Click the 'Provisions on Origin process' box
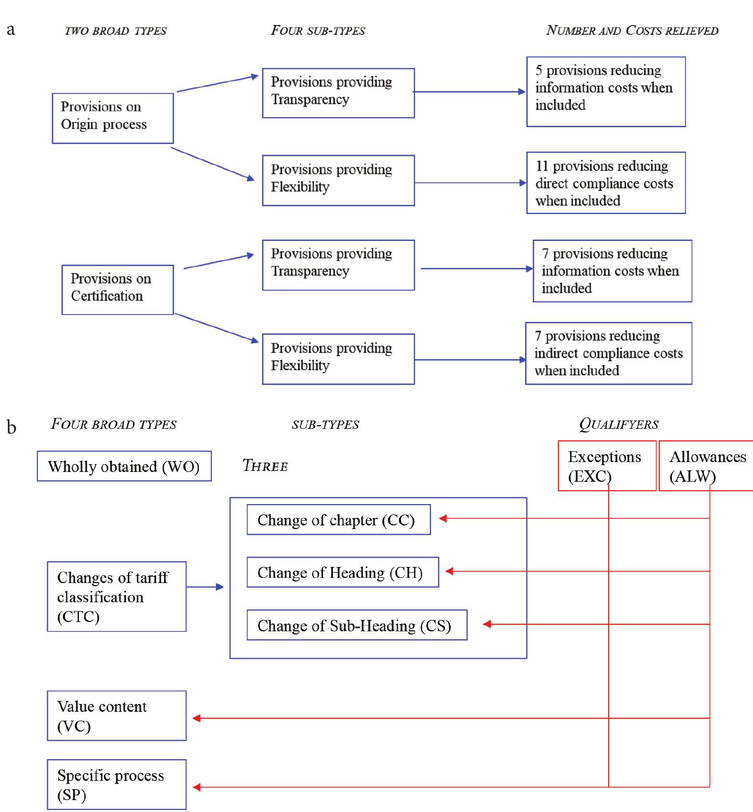pos(113,118)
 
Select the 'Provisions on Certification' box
pos(117,290)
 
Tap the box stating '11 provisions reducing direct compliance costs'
pos(606,183)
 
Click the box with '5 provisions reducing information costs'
pos(606,91)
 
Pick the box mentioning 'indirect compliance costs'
pos(608,353)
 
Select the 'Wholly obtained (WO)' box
pos(124,466)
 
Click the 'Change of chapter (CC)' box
pos(338,520)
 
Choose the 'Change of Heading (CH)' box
pos(342,572)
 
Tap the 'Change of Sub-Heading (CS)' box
pos(357,625)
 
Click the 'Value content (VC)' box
pos(116,715)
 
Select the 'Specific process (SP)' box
pos(116,784)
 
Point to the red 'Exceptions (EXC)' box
pos(607,466)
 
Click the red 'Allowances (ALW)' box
pos(706,466)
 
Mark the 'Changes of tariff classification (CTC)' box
pos(116,597)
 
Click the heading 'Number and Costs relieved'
pos(632,31)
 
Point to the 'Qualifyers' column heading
pos(618,424)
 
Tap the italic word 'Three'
pos(265,466)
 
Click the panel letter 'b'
pos(11,427)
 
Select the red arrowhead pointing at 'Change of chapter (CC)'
pos(443,518)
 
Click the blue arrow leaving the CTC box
pos(205,587)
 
